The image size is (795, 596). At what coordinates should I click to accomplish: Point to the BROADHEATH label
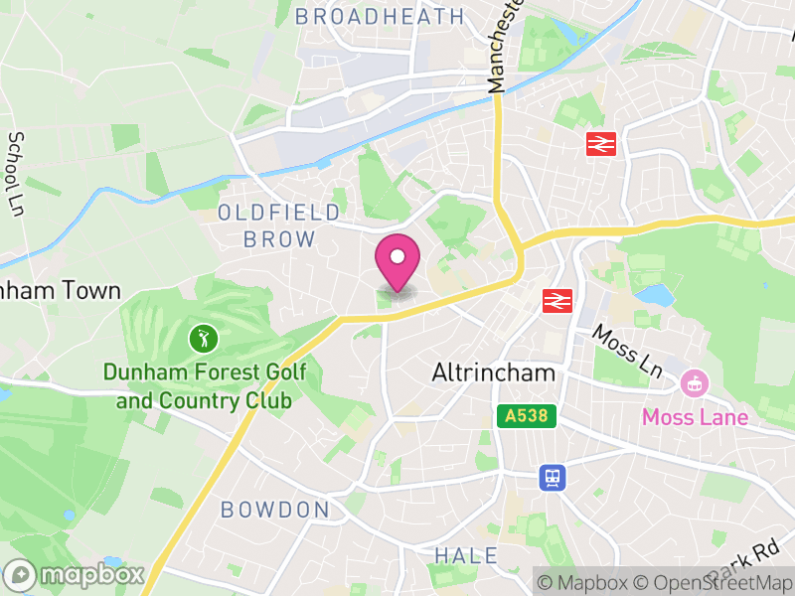pos(380,16)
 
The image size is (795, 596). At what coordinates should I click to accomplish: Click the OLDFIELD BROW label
pos(279,225)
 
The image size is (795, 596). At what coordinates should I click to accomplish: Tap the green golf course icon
pos(204,339)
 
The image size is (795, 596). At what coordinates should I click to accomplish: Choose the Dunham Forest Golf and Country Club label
pos(204,387)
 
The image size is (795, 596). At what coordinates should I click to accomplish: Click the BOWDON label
pos(274,510)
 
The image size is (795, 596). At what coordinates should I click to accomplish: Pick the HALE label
pos(466,555)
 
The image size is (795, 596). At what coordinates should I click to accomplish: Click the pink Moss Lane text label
pos(695,417)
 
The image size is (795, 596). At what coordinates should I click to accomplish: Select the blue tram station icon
pos(553,478)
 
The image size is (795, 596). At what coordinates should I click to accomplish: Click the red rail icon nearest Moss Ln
pos(555,299)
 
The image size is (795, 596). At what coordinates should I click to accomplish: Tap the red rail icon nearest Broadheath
pos(601,144)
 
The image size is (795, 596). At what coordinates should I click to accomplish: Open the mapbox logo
pos(76,574)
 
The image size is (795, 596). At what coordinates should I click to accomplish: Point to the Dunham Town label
pos(60,291)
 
